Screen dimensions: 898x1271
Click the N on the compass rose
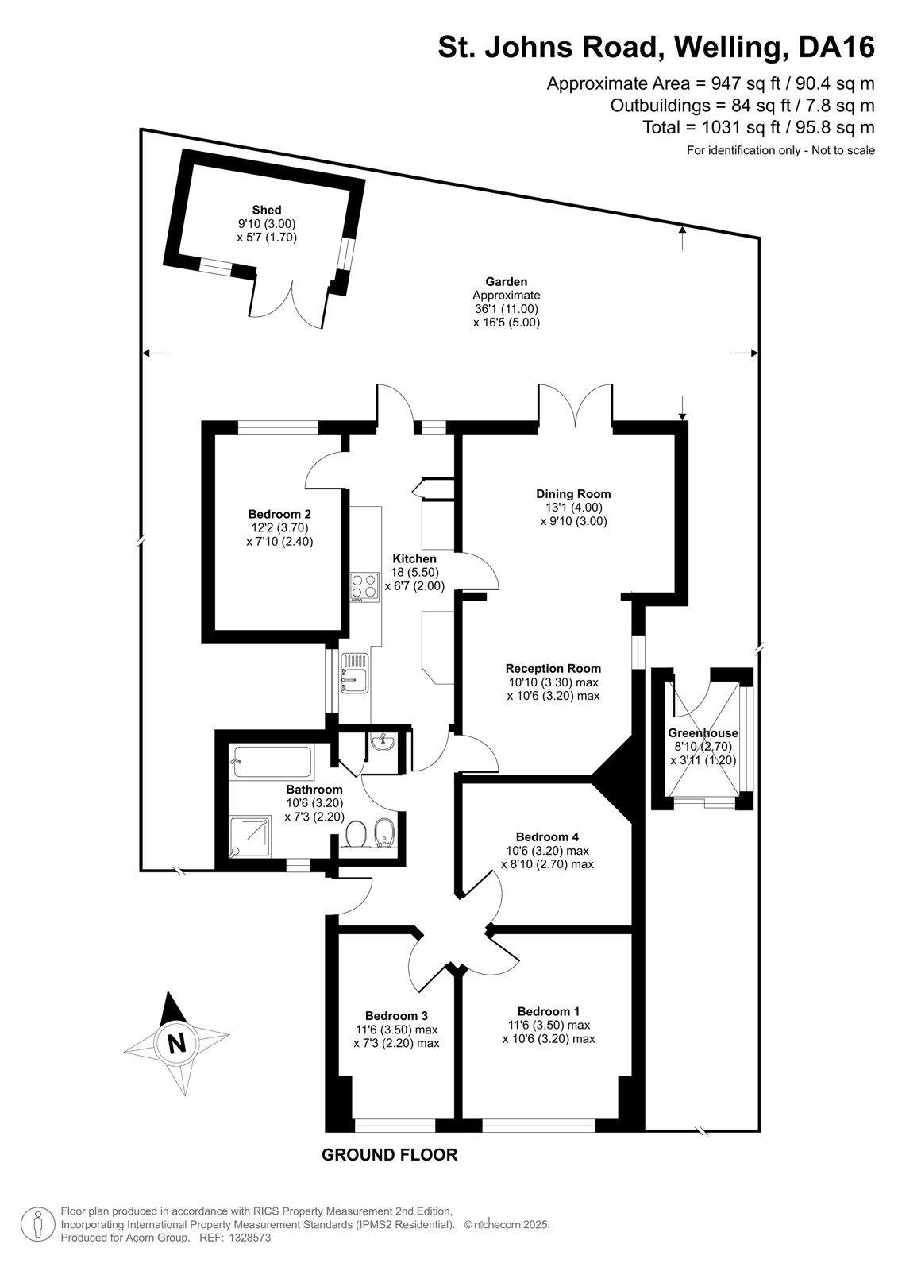pos(177,1043)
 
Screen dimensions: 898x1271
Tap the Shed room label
pos(267,210)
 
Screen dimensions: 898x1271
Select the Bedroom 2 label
pos(279,514)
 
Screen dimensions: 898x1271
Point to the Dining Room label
pos(573,493)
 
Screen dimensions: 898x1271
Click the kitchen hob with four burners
pos(364,587)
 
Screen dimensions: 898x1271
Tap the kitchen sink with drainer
pos(355,672)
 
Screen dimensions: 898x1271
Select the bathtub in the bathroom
pos(272,762)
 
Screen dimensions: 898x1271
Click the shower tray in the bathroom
pos(251,837)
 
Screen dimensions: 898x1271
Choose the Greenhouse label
pos(703,732)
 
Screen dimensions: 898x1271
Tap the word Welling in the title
pos(727,48)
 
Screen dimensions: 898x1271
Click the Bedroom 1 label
pos(549,1011)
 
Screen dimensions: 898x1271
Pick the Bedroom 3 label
pos(396,1016)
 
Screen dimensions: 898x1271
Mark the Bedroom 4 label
pos(547,836)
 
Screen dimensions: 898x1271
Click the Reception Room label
pos(553,668)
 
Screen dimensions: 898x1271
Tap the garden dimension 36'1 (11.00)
pos(506,309)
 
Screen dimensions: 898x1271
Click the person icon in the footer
pos(38,1224)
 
